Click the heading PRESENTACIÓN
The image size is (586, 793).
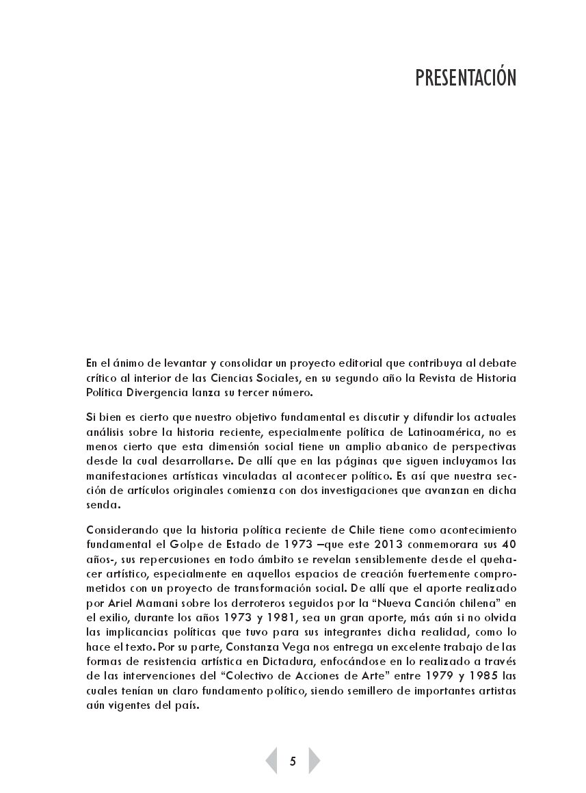pos(465,78)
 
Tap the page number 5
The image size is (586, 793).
pos(293,761)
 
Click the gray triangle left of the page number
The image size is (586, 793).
pos(271,761)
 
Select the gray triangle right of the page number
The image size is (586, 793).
pos(314,761)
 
